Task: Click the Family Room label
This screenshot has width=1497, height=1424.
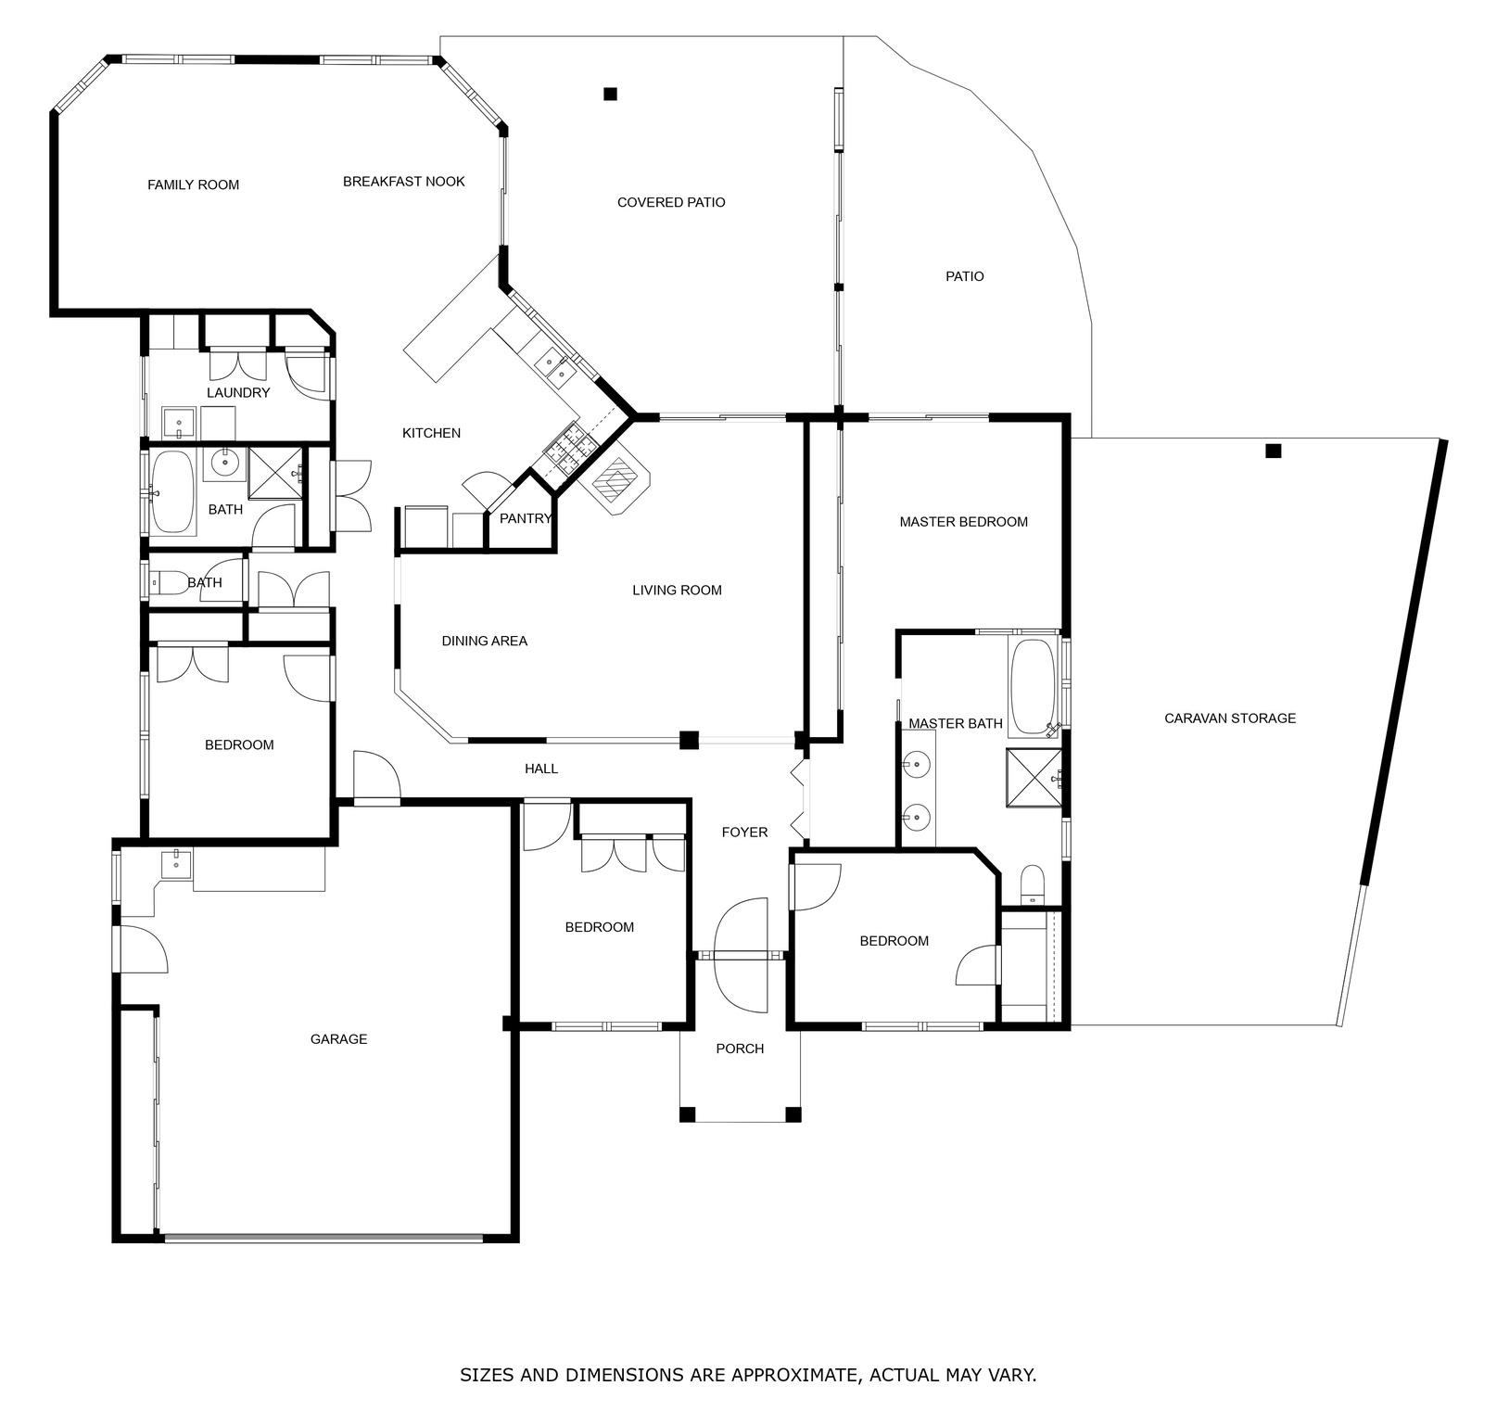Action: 193,185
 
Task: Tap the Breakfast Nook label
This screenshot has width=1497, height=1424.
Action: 404,182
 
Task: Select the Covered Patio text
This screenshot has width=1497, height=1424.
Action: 671,202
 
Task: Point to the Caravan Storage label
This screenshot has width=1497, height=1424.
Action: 1230,718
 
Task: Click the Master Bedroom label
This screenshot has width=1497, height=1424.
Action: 964,522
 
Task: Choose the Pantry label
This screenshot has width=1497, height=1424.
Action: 526,519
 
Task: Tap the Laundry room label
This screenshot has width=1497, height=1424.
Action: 238,393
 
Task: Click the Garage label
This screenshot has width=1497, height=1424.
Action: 338,1039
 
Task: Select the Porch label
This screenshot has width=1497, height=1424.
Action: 740,1049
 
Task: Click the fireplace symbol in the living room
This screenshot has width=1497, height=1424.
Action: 614,479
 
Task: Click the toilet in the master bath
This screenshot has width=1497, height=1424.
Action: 1033,884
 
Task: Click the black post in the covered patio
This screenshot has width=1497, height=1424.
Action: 610,94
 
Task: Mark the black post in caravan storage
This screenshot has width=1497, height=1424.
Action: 1274,451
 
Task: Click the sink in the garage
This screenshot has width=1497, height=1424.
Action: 175,863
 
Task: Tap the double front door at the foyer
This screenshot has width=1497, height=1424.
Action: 742,955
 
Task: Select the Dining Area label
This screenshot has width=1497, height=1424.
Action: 484,641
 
